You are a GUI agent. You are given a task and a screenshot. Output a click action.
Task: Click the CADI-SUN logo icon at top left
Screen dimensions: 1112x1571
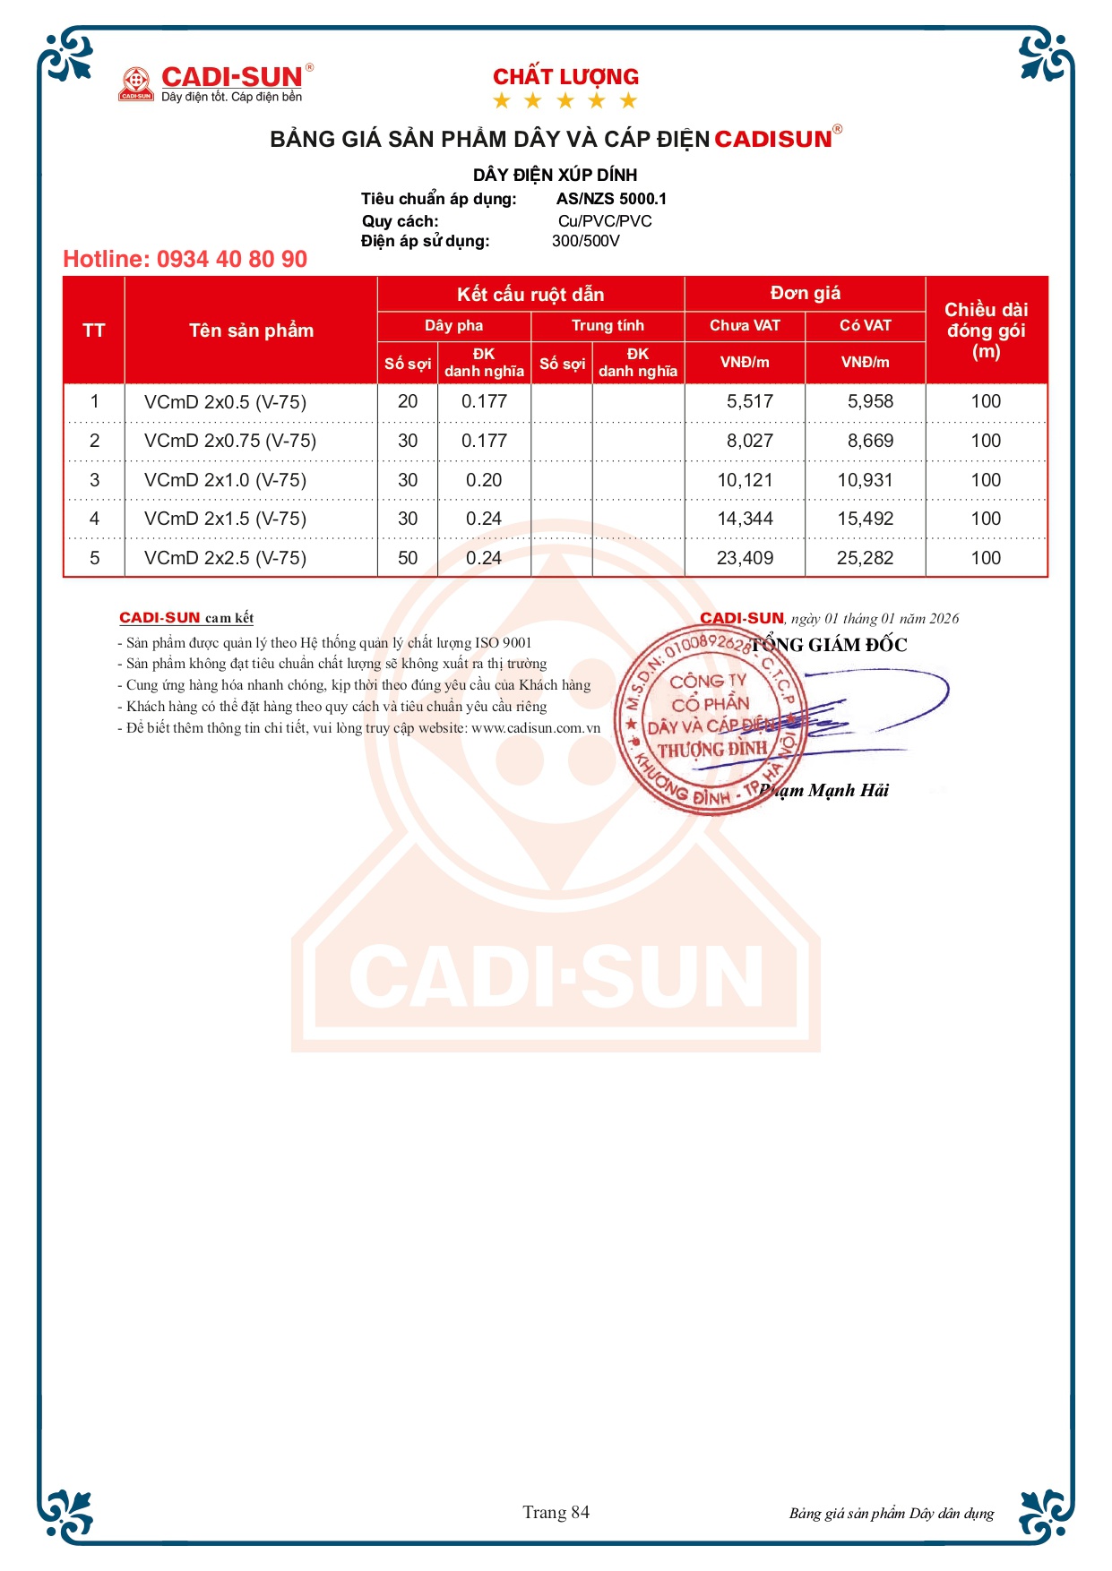point(136,83)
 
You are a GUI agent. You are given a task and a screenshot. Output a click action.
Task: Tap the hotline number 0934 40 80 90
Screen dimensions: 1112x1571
point(185,259)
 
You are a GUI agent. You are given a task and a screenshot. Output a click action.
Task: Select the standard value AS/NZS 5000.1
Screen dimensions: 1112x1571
point(611,199)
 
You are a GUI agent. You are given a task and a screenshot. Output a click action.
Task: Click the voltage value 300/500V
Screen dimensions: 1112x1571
point(586,241)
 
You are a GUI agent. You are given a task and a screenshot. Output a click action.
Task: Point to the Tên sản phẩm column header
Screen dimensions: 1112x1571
point(251,331)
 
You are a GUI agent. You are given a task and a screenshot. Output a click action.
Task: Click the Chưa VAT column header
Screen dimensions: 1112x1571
point(745,325)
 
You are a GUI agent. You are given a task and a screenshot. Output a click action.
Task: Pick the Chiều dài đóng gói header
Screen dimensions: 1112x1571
point(986,331)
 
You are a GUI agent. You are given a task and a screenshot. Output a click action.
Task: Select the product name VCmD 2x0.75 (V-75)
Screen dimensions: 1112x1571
point(230,441)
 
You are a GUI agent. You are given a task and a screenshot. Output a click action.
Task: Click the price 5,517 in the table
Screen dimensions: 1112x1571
point(749,401)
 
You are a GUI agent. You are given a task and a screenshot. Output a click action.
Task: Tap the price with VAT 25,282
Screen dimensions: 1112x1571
point(865,558)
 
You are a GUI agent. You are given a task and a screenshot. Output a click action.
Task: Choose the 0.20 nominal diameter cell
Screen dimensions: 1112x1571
point(484,480)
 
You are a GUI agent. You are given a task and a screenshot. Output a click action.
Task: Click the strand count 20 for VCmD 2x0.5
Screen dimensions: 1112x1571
point(408,401)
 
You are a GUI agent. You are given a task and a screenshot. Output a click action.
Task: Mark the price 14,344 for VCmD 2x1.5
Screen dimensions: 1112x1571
point(745,519)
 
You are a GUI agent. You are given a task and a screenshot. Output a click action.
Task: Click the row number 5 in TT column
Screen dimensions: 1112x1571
point(95,558)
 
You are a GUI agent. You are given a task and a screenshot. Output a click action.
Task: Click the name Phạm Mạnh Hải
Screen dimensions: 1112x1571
point(823,790)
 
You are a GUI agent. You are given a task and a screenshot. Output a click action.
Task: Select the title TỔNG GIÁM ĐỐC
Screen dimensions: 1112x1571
point(829,645)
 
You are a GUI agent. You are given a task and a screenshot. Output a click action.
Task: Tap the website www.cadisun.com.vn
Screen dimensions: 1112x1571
point(536,728)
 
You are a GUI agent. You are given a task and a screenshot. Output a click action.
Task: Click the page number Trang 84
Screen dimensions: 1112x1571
point(556,1513)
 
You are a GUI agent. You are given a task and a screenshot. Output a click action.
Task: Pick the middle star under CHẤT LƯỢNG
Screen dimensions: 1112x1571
point(565,100)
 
